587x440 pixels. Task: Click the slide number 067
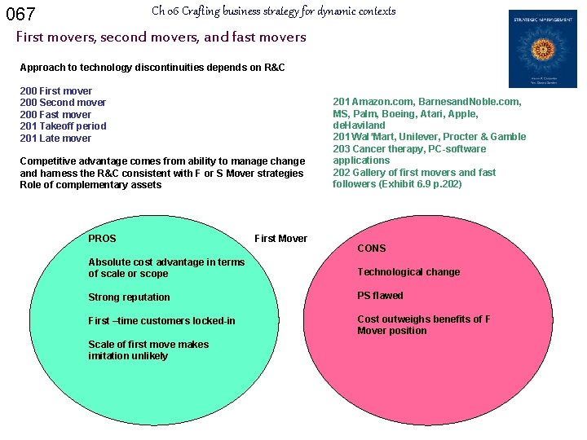point(21,14)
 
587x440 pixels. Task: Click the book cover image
point(542,49)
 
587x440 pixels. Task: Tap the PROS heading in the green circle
point(102,239)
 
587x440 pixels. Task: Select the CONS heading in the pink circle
point(371,248)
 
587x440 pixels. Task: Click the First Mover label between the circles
point(280,239)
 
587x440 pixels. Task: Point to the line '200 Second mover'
point(63,103)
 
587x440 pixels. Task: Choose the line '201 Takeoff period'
point(63,126)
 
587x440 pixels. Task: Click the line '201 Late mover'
point(55,139)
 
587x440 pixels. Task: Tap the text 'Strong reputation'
point(129,297)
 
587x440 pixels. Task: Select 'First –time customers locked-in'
point(161,321)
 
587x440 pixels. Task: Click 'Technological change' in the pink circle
point(408,272)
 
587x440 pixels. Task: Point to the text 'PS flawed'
point(380,296)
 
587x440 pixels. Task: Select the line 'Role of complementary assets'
point(90,185)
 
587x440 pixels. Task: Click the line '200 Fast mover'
point(55,115)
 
